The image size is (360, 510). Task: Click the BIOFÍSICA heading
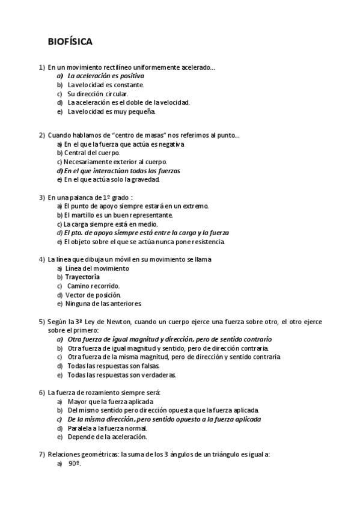tap(70, 42)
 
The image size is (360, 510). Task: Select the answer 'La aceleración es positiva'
tap(105, 76)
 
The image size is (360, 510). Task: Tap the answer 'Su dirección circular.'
tap(97, 94)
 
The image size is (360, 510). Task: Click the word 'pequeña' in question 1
tap(142, 111)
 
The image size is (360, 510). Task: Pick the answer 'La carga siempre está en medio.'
tap(106, 224)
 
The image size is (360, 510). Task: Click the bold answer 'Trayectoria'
tap(82, 277)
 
